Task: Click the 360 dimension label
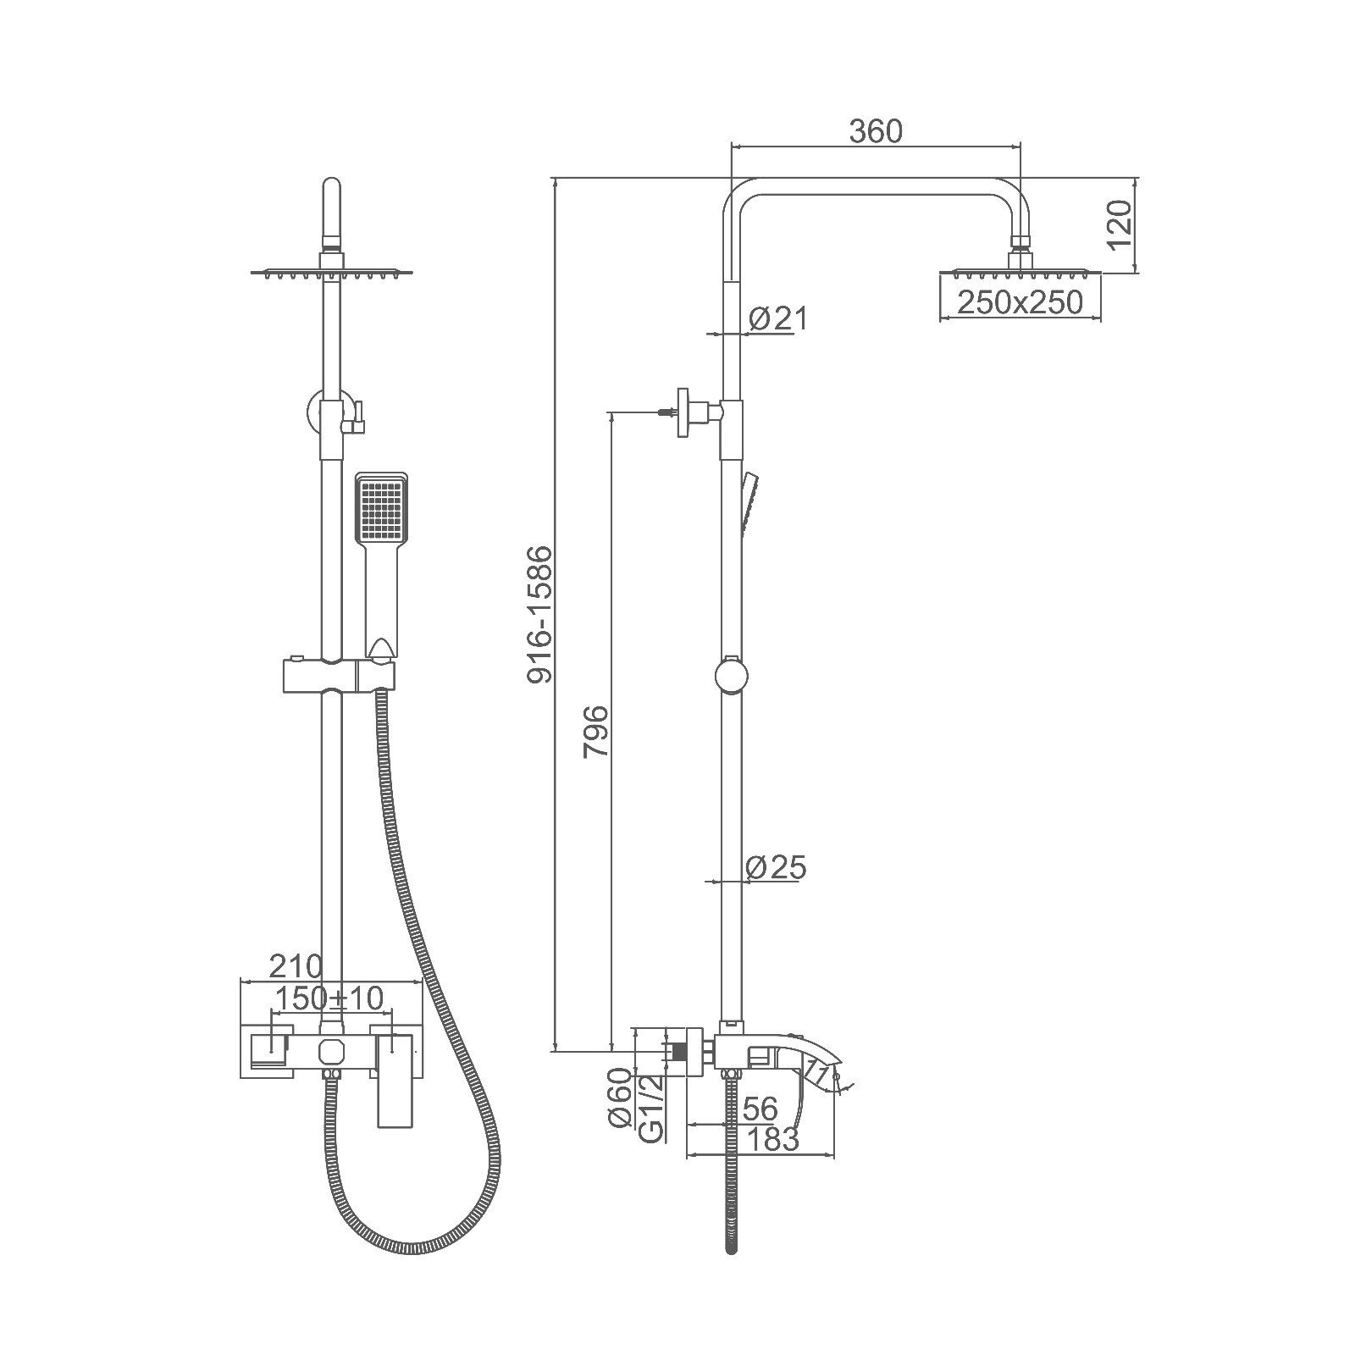tap(876, 131)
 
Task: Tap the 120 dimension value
tap(1120, 225)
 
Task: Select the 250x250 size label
tap(1020, 301)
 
